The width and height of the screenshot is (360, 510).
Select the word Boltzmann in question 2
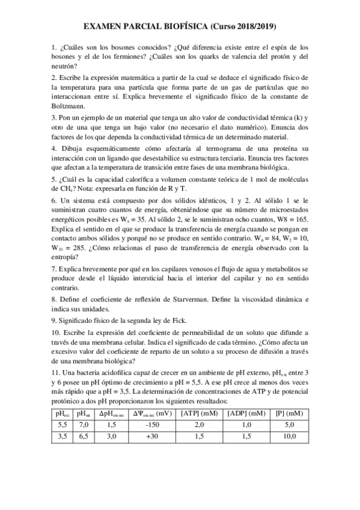pos(69,106)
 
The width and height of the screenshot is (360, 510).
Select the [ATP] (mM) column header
pos(199,414)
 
